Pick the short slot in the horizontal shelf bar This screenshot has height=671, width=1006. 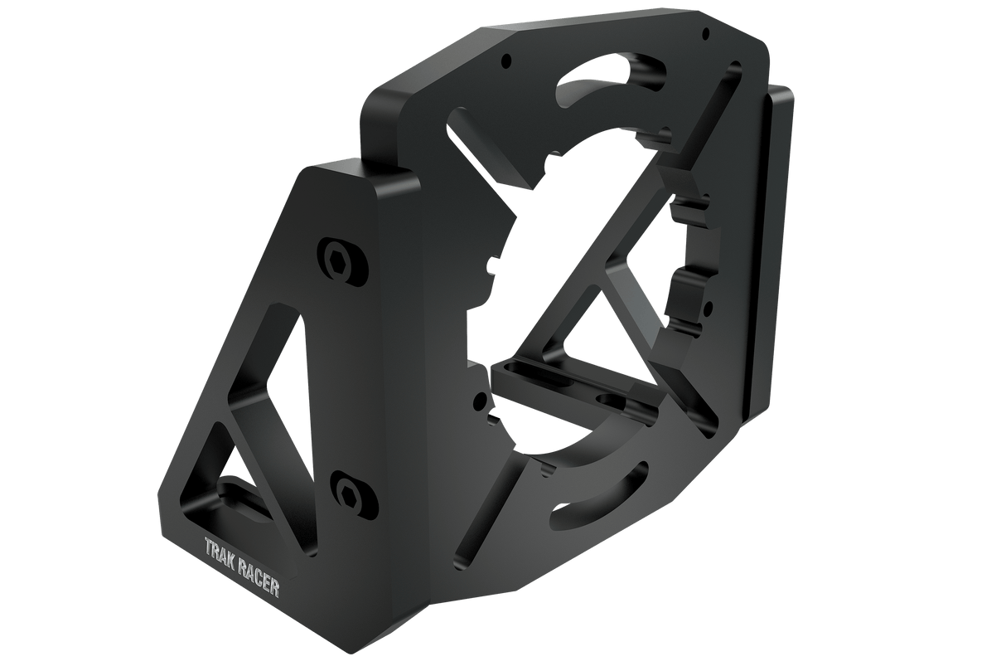tap(613, 401)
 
